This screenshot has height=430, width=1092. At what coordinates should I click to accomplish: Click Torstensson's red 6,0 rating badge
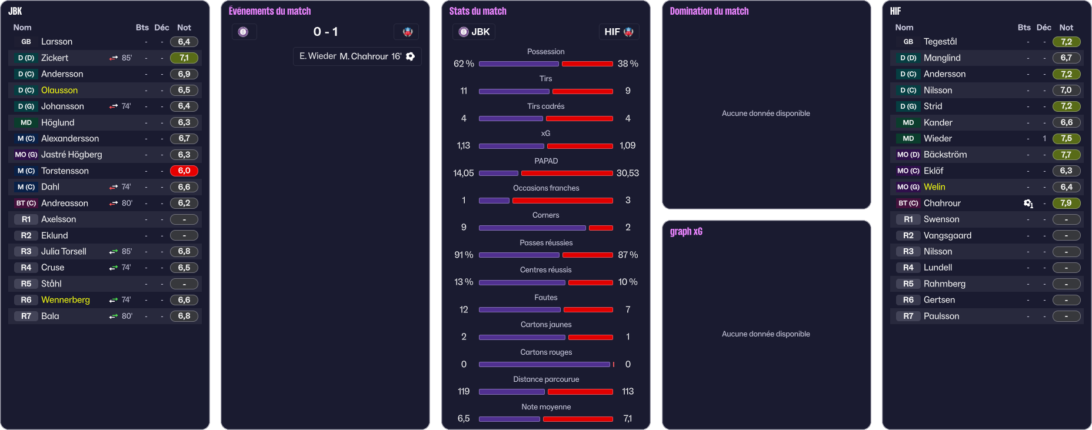184,171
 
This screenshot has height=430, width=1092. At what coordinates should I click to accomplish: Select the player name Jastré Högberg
71,155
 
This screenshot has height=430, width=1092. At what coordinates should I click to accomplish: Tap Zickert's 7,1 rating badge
184,58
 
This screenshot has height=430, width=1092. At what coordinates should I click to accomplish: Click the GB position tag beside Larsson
26,42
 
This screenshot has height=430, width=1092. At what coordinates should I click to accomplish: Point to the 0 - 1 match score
325,32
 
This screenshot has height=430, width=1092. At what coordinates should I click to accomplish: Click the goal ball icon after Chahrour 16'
411,56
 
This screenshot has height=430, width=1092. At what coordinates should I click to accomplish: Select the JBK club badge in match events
244,32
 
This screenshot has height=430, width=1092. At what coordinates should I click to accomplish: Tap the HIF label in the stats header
612,32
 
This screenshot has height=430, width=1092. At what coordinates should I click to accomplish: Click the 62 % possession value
464,64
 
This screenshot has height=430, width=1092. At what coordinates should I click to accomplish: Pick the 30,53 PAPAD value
627,173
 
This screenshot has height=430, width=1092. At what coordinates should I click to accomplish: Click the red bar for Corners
601,228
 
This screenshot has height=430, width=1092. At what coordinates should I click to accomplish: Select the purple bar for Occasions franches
494,201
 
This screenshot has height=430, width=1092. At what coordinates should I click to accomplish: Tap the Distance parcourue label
546,379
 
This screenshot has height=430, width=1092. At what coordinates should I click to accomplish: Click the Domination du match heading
709,11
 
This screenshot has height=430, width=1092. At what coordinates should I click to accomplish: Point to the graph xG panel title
686,231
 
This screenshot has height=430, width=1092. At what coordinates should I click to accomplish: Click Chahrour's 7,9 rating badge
1066,203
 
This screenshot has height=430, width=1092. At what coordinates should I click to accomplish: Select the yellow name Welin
934,187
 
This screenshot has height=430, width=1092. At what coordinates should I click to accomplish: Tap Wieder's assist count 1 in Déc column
1044,139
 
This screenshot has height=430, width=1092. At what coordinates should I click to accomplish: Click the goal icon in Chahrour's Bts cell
1028,203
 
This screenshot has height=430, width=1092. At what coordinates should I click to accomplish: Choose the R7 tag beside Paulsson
908,316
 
